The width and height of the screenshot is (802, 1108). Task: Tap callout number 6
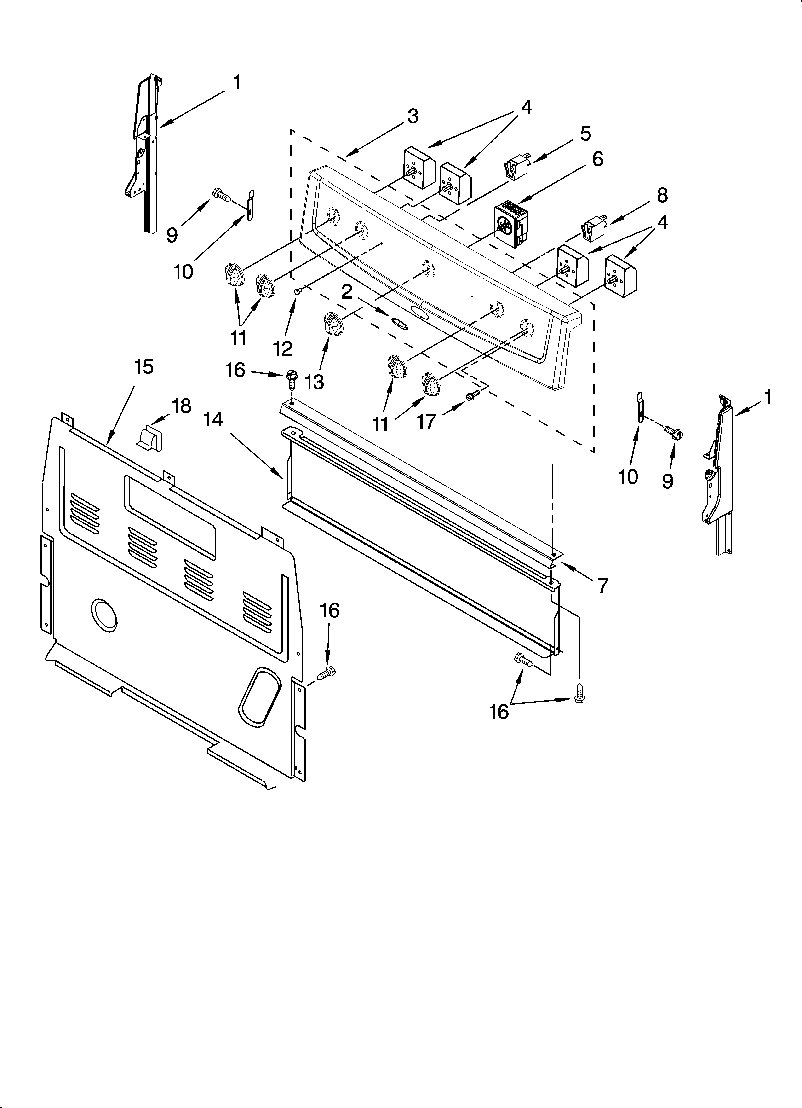tap(597, 159)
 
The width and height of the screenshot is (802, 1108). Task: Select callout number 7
tap(603, 585)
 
